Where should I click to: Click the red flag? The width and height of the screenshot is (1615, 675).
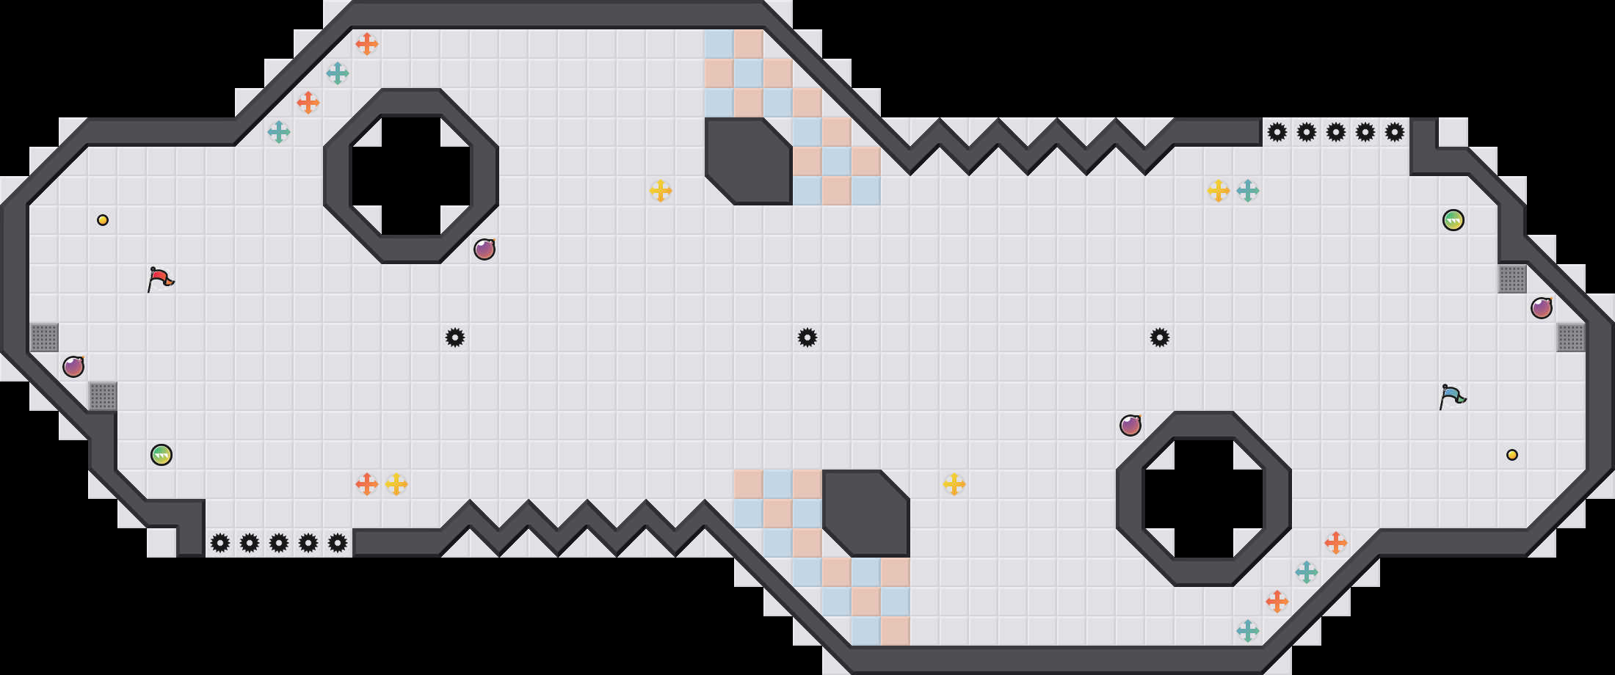160,279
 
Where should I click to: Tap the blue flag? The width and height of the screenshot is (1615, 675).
1452,396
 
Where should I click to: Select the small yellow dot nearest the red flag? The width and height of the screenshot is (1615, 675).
103,220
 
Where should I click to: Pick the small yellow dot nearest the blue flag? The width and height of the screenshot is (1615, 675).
1512,455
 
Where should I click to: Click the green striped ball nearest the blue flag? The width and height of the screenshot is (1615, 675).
1453,220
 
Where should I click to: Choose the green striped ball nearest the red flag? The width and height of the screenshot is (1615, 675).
161,455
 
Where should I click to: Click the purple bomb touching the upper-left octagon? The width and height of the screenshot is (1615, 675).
484,249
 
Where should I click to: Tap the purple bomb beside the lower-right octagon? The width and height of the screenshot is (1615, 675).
1130,426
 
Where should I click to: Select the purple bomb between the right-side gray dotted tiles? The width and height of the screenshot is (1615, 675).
1542,308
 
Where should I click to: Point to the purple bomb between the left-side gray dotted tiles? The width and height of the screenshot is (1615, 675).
73,367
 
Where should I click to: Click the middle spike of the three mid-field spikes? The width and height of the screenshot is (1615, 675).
807,337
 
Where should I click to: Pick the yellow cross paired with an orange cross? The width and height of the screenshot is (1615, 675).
396,484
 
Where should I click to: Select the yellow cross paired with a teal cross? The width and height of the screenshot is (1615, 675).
1219,191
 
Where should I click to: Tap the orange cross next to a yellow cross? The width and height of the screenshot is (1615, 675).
367,484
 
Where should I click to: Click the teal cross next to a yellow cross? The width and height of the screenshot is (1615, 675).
1248,191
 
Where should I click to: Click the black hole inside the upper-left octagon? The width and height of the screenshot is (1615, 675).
411,176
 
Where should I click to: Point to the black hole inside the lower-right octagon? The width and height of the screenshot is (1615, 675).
1204,499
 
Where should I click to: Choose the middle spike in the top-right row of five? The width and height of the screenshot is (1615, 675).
1336,132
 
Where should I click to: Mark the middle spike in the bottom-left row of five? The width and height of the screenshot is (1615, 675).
279,543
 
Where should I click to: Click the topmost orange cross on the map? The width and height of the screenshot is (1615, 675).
367,44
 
